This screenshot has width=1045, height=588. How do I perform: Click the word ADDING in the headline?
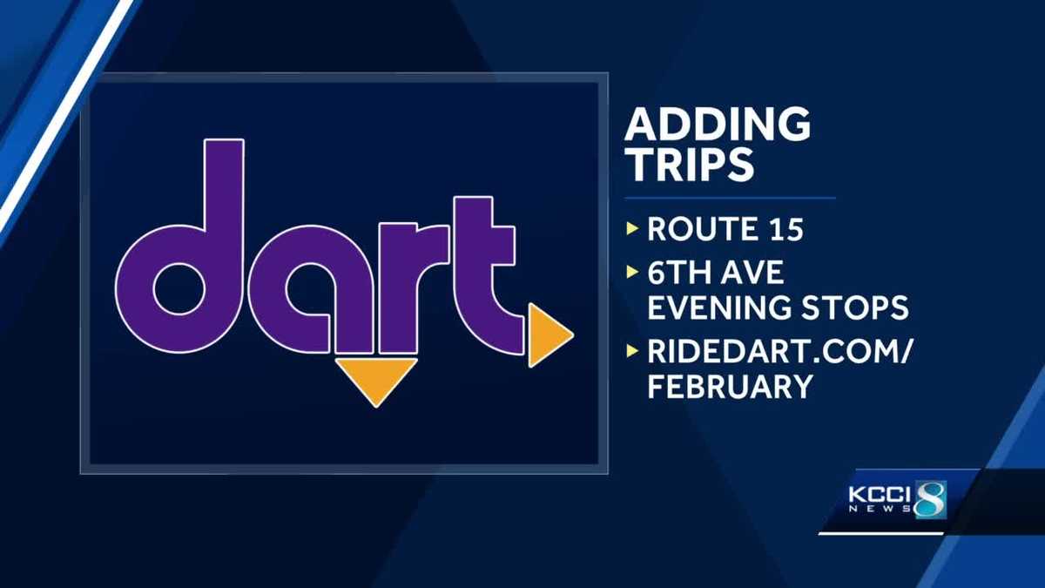[718, 125]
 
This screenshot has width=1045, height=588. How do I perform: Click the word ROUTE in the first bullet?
[700, 230]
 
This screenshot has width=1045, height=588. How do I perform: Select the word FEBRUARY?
[730, 387]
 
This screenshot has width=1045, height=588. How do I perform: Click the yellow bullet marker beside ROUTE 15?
[632, 231]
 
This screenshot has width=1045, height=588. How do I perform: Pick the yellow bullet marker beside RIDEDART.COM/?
[632, 352]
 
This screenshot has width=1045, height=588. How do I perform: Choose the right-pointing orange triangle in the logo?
[547, 335]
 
